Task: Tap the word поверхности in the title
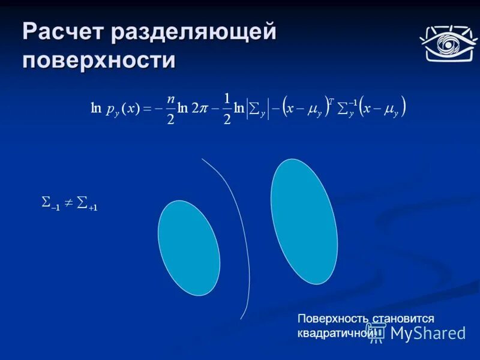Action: (100, 61)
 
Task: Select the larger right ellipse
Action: (304, 221)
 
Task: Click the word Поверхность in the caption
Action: (333, 319)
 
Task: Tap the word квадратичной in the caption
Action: (333, 333)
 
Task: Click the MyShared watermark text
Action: (427, 334)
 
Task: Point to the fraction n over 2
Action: (170, 109)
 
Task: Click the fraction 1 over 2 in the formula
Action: (226, 109)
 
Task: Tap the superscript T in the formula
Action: (331, 100)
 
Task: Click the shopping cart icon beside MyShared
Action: (376, 333)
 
